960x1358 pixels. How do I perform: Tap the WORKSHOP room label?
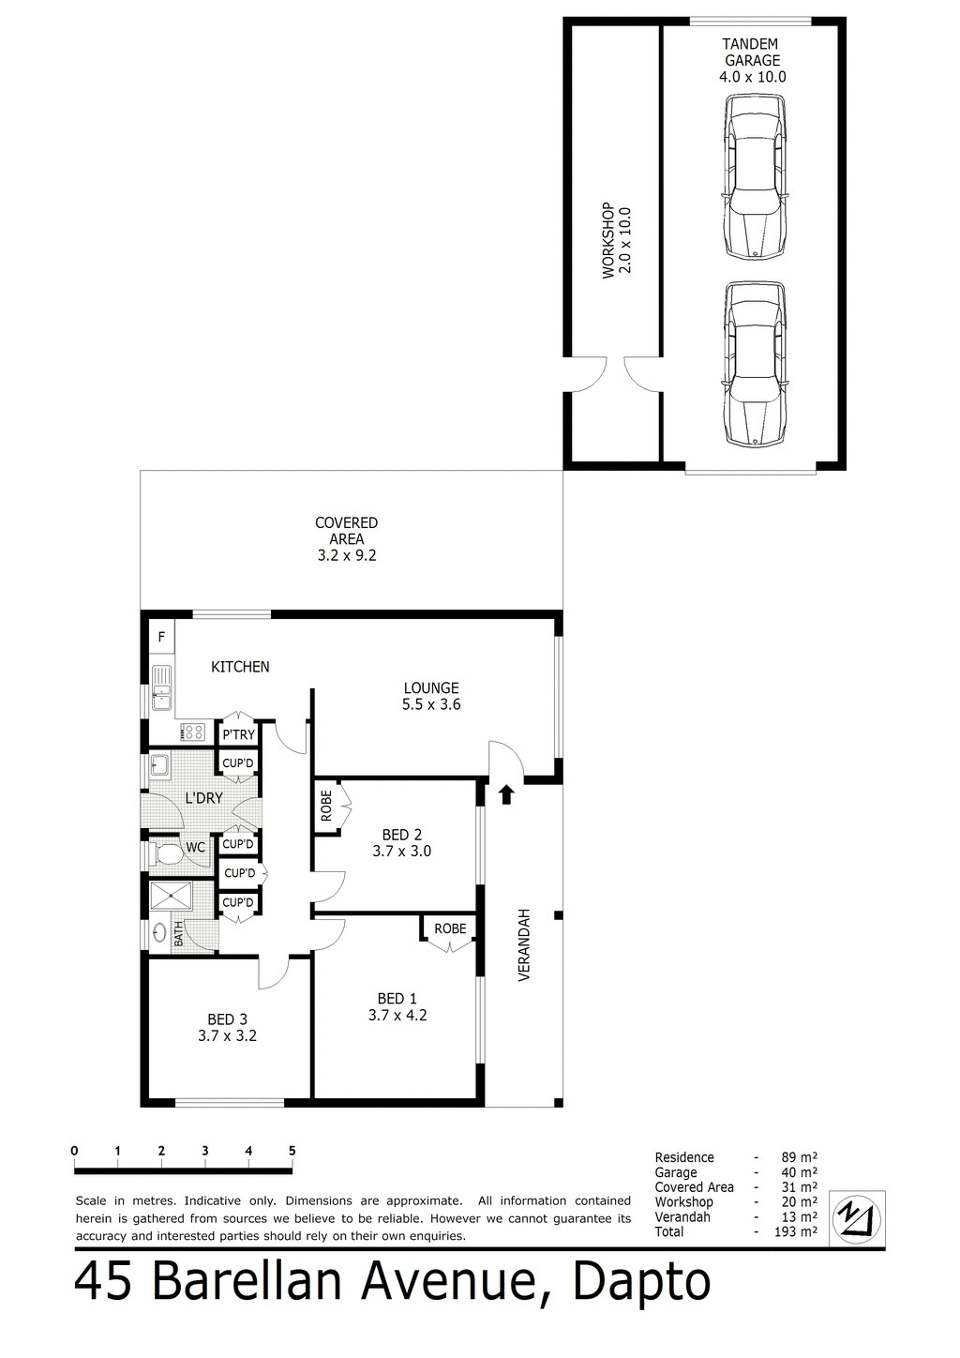pyautogui.click(x=617, y=239)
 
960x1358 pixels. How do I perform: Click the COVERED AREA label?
pyautogui.click(x=346, y=538)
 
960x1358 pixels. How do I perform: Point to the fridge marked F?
pyautogui.click(x=161, y=638)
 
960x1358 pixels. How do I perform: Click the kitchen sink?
pyautogui.click(x=161, y=687)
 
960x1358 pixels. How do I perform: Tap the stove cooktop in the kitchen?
pyautogui.click(x=194, y=732)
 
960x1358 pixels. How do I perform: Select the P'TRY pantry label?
pyautogui.click(x=238, y=734)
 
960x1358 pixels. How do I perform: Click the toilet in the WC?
pyautogui.click(x=167, y=854)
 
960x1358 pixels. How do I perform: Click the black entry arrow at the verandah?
pyautogui.click(x=506, y=794)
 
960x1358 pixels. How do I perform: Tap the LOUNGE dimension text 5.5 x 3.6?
pyautogui.click(x=431, y=704)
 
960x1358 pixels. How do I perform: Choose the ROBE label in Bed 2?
pyautogui.click(x=326, y=806)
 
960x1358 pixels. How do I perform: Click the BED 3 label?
pyautogui.click(x=227, y=1019)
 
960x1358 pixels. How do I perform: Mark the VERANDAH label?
pyautogui.click(x=524, y=944)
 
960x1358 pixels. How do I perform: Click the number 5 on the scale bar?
pyautogui.click(x=292, y=1150)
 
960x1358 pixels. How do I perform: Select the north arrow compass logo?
pyautogui.click(x=860, y=1217)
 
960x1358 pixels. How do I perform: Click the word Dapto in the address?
pyautogui.click(x=641, y=1281)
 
